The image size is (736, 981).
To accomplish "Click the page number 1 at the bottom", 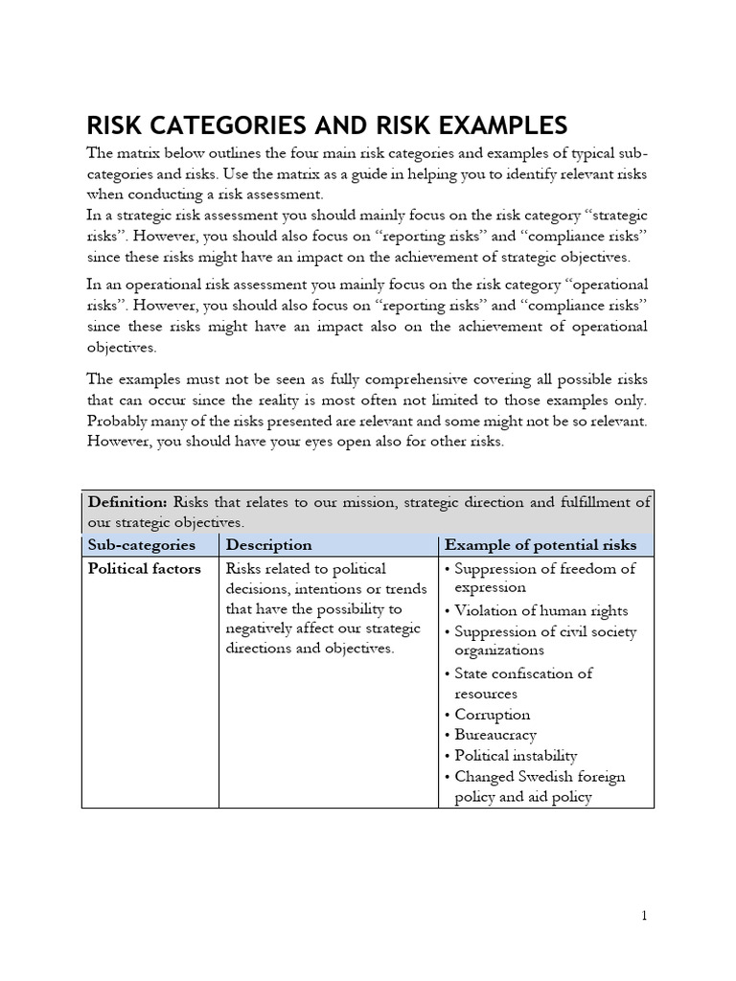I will [645, 916].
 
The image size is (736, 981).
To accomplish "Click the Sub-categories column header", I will [141, 544].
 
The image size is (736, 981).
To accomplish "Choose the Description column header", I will [268, 544].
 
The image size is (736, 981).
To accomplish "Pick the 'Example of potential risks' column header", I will [540, 544].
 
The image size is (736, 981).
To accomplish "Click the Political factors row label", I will [144, 568].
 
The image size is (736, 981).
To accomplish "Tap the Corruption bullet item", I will [492, 715].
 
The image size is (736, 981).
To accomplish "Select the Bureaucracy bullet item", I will [495, 735].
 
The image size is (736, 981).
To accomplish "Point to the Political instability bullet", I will [516, 756].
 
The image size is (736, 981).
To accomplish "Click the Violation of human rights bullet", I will [541, 610].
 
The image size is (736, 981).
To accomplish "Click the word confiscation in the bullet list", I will [543, 673].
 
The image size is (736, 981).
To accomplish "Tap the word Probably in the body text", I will [117, 422].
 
